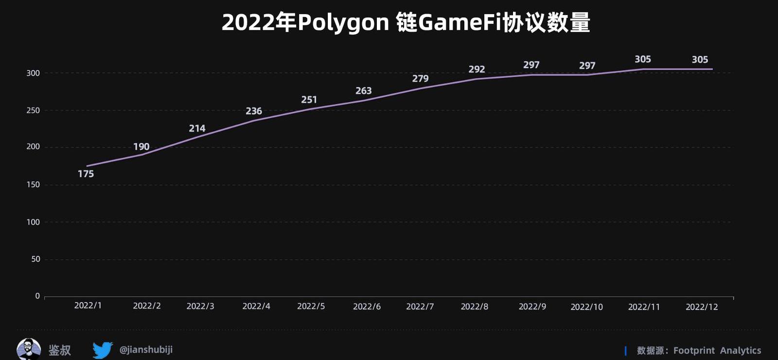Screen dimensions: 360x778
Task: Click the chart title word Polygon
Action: [x=343, y=22]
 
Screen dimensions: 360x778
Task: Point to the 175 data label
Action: [x=86, y=174]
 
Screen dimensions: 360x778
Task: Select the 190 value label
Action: [x=141, y=146]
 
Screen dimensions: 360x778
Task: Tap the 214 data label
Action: [x=197, y=128]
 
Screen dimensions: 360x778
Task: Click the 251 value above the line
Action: [x=309, y=100]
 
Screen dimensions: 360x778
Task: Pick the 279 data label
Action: [x=420, y=78]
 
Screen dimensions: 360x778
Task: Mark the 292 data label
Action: [x=477, y=69]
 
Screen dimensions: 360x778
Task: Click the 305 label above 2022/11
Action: [x=642, y=59]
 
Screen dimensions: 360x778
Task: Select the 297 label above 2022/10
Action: [x=587, y=66]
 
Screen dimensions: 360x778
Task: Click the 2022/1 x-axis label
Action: [x=88, y=306]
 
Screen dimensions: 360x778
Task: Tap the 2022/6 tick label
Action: [x=367, y=306]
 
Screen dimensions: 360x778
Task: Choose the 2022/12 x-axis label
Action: [x=702, y=307]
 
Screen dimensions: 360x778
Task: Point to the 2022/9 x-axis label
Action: [x=532, y=306]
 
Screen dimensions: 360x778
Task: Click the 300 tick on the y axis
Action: [x=33, y=73]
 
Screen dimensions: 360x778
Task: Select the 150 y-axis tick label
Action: [x=33, y=184]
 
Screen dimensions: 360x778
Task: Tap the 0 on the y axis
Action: [x=37, y=296]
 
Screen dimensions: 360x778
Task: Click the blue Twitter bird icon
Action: [x=103, y=350]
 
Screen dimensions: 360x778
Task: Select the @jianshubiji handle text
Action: [x=146, y=349]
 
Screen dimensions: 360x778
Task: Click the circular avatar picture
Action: [x=29, y=349]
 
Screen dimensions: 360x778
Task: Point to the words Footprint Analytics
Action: [x=717, y=350]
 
